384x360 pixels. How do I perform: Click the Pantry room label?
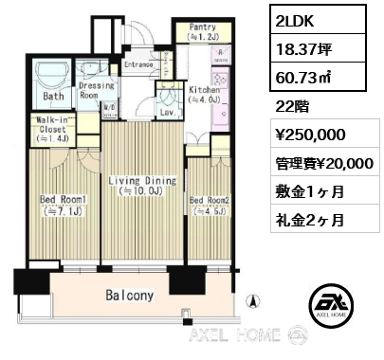[203, 31]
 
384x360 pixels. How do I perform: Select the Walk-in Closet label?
[52, 129]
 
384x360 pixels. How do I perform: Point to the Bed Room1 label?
[64, 206]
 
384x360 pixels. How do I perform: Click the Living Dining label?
[142, 186]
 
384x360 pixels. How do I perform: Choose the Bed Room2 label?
[210, 206]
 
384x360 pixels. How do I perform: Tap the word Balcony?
[130, 296]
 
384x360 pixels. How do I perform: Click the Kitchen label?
[204, 95]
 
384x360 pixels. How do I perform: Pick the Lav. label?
[168, 113]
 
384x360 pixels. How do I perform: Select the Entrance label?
[138, 64]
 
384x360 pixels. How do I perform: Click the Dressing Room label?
[96, 90]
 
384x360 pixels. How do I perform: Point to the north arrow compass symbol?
[252, 300]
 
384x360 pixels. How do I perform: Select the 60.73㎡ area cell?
[318, 77]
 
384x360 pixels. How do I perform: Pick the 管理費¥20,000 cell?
[325, 162]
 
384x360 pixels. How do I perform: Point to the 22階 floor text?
[292, 107]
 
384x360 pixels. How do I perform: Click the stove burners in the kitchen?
[219, 79]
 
